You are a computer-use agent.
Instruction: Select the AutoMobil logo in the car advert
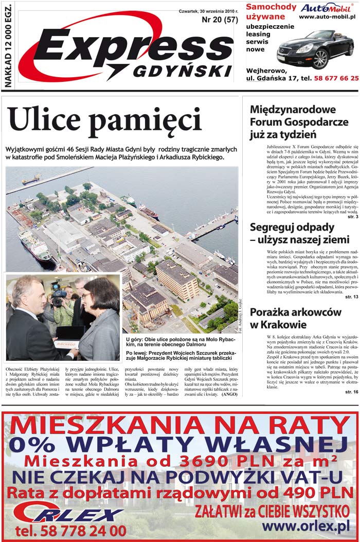(326, 8)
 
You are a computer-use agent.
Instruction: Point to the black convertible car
(315, 49)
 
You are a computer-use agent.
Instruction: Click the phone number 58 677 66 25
(330, 78)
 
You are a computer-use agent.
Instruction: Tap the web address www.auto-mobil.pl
(327, 18)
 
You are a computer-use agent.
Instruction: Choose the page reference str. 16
(352, 392)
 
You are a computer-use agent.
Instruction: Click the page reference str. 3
(353, 217)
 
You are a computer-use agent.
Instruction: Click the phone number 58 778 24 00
(70, 530)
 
